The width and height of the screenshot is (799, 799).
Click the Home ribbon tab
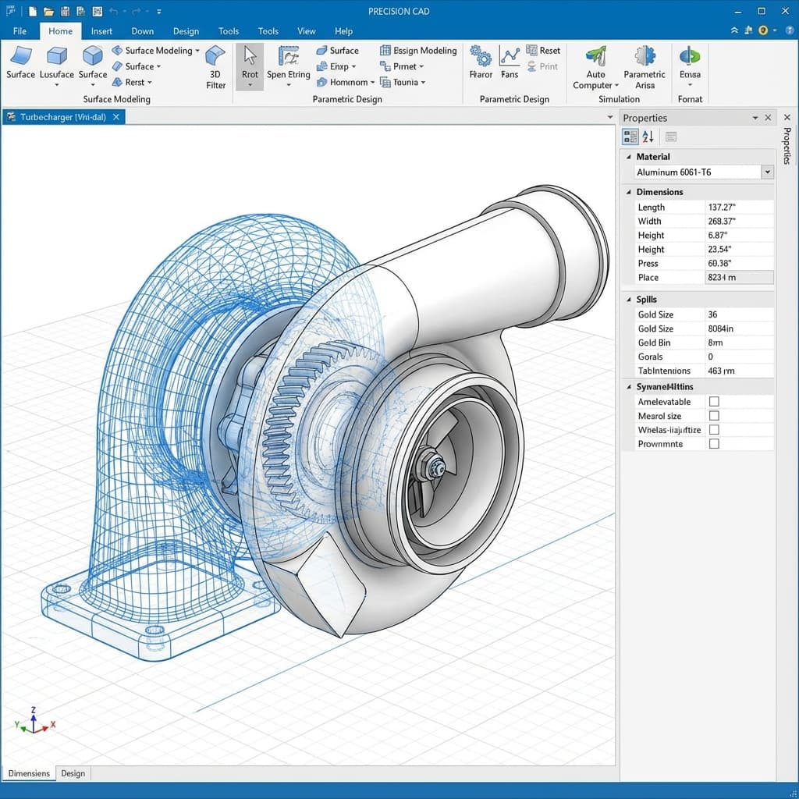[x=60, y=31]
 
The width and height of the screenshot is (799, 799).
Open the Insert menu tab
[x=101, y=31]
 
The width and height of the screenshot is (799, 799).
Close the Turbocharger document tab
[x=116, y=117]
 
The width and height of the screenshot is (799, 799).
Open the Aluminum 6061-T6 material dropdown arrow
[x=768, y=172]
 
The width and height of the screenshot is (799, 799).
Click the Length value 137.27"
[x=723, y=208]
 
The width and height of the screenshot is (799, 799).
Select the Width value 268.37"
[x=723, y=222]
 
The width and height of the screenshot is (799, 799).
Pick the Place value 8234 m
[x=723, y=278]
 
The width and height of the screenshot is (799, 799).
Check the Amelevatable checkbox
[x=714, y=402]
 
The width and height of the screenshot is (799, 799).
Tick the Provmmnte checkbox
[x=714, y=444]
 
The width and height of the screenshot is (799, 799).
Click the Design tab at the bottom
[x=73, y=773]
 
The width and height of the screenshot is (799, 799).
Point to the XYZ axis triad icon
[x=33, y=723]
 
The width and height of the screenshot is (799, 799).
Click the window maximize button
[x=762, y=11]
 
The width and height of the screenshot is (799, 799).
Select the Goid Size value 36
[x=712, y=314]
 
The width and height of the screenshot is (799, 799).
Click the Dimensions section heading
[x=659, y=192]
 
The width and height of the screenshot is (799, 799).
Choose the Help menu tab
[x=344, y=31]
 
